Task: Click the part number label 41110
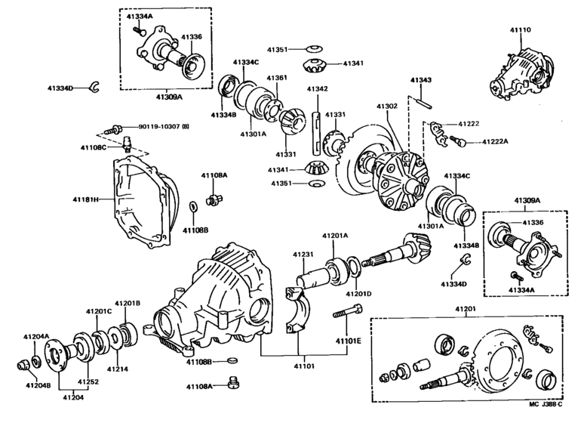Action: (521, 29)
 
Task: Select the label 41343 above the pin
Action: (421, 80)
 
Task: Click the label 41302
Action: (387, 107)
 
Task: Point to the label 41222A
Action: (496, 141)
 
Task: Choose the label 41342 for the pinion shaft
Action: (317, 88)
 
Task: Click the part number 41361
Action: (276, 78)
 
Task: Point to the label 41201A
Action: (335, 236)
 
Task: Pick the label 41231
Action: (303, 255)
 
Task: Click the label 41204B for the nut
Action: (36, 386)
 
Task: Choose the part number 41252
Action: (88, 383)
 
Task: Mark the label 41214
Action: (118, 369)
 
